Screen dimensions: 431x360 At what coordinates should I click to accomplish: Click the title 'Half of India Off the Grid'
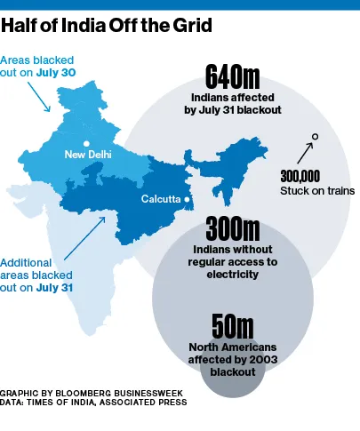(x=106, y=25)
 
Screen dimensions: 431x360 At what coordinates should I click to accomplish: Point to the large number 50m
(x=233, y=327)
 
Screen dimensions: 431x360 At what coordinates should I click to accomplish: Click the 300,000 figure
(x=300, y=175)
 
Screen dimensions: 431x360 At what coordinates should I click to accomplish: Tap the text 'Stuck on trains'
(x=317, y=190)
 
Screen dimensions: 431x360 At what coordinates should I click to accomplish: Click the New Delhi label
(x=88, y=156)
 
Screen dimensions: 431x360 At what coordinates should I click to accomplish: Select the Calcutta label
(x=160, y=199)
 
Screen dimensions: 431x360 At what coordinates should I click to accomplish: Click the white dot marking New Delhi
(x=86, y=143)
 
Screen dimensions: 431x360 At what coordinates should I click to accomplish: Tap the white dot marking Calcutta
(x=187, y=200)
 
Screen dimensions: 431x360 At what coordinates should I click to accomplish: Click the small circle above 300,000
(x=315, y=136)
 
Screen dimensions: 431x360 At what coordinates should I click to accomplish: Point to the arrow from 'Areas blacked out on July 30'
(x=41, y=99)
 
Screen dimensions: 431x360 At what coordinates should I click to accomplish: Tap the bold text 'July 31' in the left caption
(x=55, y=288)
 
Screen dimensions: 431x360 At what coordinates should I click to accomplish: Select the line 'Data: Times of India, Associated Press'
(x=93, y=403)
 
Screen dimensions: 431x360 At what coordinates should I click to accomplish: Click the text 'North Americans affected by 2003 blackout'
(x=233, y=359)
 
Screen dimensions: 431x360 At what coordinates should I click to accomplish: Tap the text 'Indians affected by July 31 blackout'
(x=232, y=103)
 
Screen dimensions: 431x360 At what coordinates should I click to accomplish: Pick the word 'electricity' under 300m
(x=233, y=275)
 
